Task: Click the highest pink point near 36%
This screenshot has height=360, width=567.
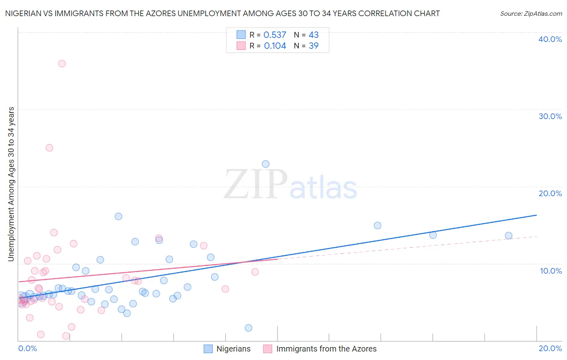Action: (62, 63)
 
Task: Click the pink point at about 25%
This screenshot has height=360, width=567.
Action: (49, 148)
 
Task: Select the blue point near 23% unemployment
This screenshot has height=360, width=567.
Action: (265, 164)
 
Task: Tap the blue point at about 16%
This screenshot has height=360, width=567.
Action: (118, 216)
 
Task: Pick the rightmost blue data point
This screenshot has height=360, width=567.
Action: (509, 236)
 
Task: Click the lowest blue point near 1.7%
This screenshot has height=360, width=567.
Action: (248, 328)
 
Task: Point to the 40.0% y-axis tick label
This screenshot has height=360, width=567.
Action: (550, 39)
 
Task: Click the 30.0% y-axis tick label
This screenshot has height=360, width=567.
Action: (550, 116)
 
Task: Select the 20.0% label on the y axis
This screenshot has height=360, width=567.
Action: (550, 193)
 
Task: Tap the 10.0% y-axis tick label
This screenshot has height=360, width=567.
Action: (551, 271)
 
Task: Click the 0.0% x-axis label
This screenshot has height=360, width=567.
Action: (27, 348)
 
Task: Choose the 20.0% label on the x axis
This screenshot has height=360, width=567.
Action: (550, 348)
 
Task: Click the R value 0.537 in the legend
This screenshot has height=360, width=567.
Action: (275, 35)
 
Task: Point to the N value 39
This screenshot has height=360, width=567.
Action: (313, 46)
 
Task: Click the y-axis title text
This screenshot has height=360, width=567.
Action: (11, 184)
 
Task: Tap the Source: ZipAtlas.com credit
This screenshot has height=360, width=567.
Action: (531, 14)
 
